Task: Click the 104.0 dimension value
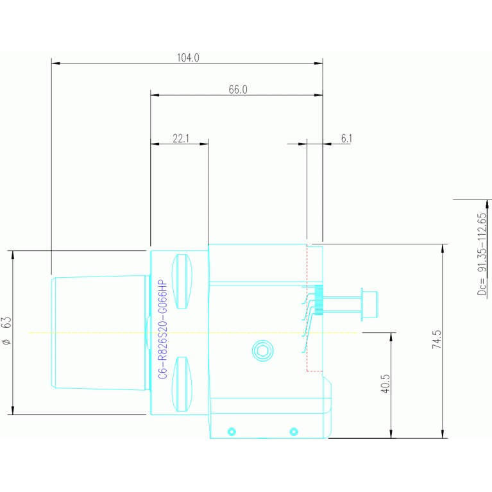(188, 58)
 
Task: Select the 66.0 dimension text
(237, 90)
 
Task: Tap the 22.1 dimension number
(181, 138)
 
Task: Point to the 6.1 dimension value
(346, 138)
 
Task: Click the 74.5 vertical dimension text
(437, 339)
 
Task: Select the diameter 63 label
(6, 331)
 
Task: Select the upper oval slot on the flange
(182, 281)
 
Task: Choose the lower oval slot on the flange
(182, 384)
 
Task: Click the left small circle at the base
(232, 430)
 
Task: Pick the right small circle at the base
(294, 430)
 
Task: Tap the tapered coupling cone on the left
(99, 332)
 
